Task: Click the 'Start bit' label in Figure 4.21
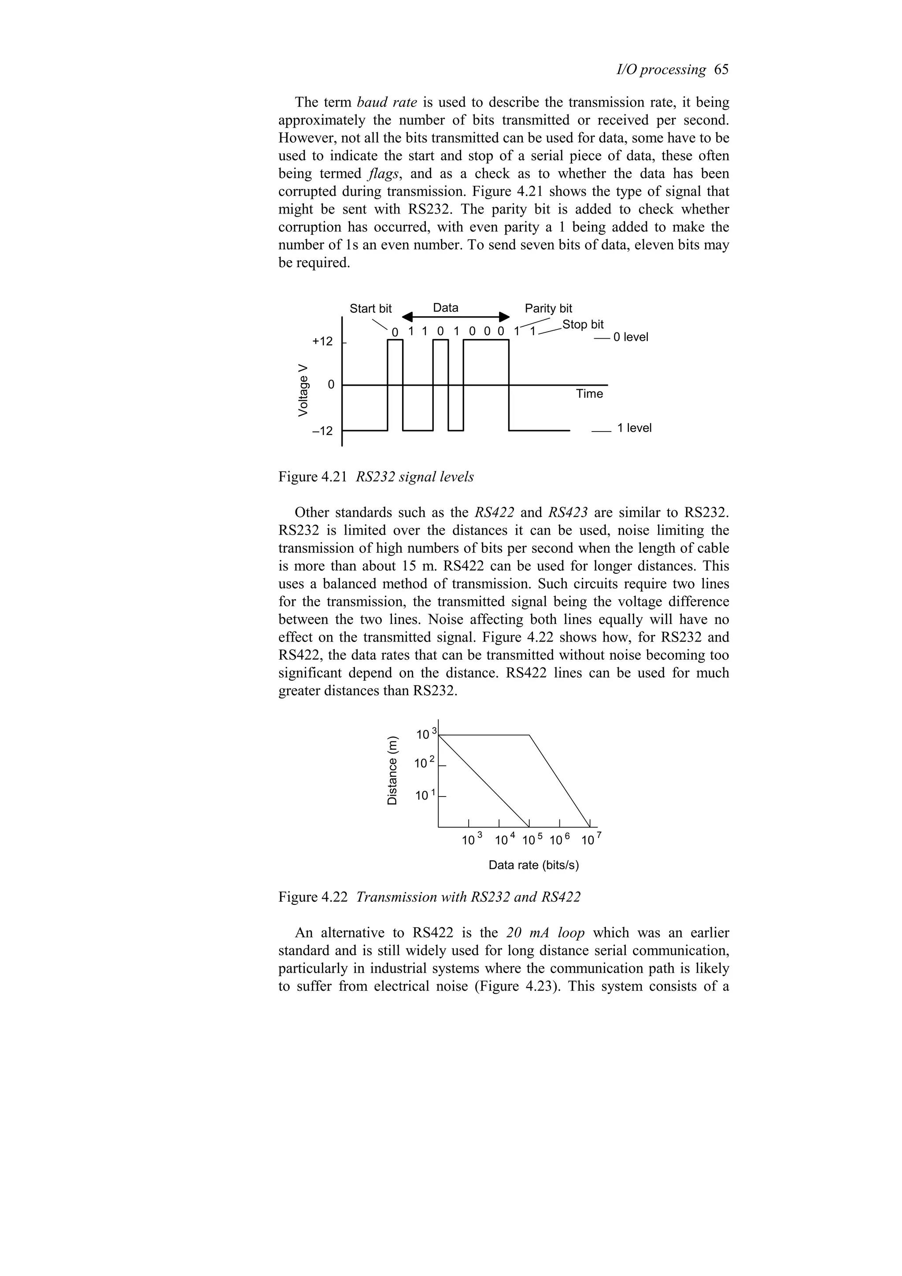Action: click(x=370, y=309)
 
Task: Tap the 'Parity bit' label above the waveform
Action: click(x=548, y=309)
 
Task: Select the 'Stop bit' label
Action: click(x=582, y=325)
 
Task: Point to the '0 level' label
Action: click(x=630, y=337)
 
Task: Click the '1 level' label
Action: click(x=634, y=428)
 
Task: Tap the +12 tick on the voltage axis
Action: click(x=323, y=341)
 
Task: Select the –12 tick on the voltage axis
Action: click(x=322, y=431)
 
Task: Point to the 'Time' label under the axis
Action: click(x=589, y=394)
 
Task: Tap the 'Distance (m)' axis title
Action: click(x=393, y=770)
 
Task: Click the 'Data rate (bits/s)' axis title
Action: click(x=533, y=865)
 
